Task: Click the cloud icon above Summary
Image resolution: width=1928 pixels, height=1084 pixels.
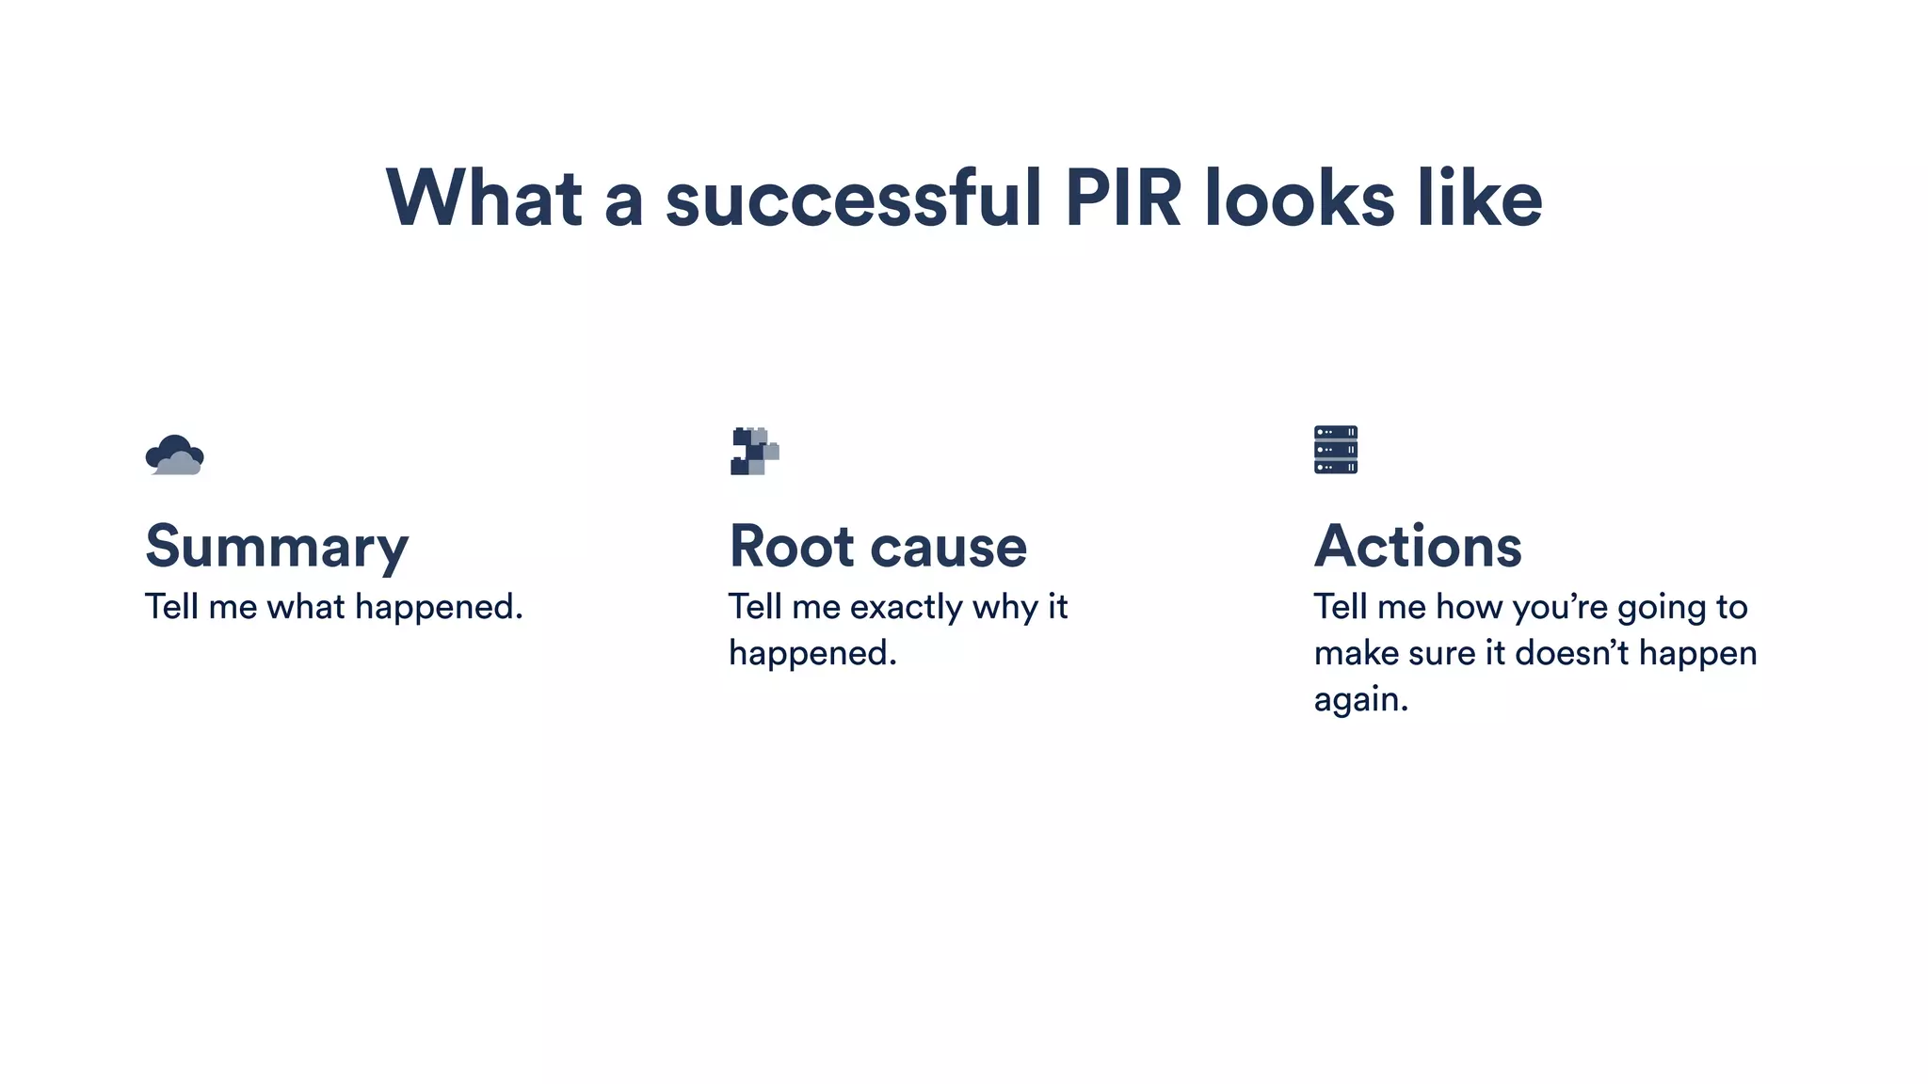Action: tap(175, 455)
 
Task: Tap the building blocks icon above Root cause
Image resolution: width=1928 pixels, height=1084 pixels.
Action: tap(754, 452)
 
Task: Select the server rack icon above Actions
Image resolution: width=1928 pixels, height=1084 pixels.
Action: tap(1335, 450)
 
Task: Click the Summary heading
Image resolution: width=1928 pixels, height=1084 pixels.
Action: tap(277, 548)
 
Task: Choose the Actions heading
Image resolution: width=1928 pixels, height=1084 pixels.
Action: tap(1417, 547)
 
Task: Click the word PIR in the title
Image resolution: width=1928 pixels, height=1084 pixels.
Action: tap(1122, 199)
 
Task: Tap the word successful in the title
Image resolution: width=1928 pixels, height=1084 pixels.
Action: tap(853, 199)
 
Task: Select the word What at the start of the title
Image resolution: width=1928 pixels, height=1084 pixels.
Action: tap(484, 199)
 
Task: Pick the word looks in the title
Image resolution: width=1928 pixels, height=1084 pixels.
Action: tap(1299, 199)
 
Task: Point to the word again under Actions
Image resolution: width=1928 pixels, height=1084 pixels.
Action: tap(1359, 700)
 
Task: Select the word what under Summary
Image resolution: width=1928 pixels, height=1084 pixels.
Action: tap(306, 607)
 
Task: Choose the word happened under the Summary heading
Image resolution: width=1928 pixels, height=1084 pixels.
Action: tap(438, 608)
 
